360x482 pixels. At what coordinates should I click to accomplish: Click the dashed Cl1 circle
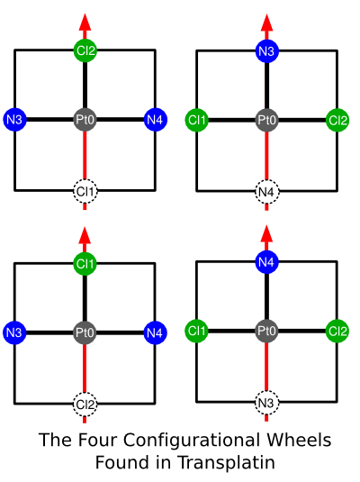pos(85,192)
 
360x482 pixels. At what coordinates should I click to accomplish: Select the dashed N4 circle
pos(266,192)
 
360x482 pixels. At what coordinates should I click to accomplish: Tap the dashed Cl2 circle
pos(85,405)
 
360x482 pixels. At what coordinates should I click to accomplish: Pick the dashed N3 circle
pos(266,403)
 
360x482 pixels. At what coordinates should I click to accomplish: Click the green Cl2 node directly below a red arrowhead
pos(85,50)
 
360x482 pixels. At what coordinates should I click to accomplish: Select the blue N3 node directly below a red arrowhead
pos(266,50)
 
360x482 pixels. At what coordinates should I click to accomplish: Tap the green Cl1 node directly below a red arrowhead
pos(85,264)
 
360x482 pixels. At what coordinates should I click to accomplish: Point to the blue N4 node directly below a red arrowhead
pos(266,262)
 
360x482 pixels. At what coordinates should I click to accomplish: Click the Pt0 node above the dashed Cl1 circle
pos(85,119)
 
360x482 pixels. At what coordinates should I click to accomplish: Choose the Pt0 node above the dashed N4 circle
pos(266,120)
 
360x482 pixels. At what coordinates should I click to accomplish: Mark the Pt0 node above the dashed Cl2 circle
pos(85,332)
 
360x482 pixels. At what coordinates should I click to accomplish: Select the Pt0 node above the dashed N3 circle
pos(266,331)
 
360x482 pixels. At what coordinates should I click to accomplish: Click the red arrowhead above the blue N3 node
pos(266,23)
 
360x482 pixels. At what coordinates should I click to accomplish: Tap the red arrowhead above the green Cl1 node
pos(85,235)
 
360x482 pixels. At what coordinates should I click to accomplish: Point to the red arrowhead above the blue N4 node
pos(266,233)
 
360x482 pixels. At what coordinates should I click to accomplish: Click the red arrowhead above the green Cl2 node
pos(85,22)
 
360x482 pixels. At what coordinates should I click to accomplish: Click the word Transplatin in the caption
pos(226,463)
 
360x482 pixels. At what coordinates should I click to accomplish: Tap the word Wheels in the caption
pos(299,440)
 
